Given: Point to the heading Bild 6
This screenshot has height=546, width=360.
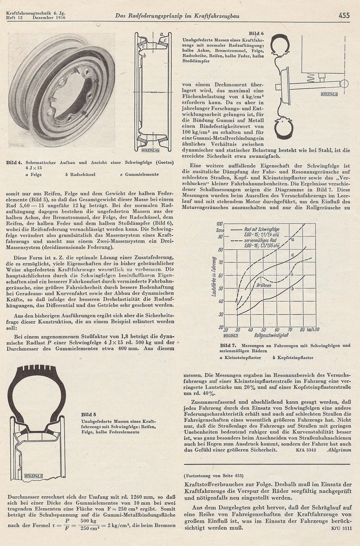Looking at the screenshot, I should point(256,33).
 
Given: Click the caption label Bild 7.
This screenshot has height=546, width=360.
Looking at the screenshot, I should point(228,346).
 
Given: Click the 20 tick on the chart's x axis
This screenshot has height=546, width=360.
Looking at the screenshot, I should point(226,330).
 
